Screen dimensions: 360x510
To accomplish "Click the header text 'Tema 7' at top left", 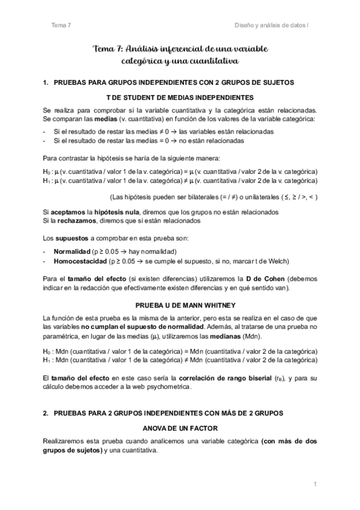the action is [x=61, y=25].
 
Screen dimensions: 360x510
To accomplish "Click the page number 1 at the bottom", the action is [x=314, y=484].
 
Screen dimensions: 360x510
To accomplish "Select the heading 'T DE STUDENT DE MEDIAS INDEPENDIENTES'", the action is [x=180, y=97].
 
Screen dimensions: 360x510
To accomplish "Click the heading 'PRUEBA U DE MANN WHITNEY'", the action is [x=180, y=304].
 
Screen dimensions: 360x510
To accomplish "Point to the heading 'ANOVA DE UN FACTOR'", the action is [x=180, y=428].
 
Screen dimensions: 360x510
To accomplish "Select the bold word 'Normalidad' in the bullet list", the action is [x=72, y=250].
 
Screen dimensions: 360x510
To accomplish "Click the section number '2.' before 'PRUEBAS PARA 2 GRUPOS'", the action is [x=46, y=415].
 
